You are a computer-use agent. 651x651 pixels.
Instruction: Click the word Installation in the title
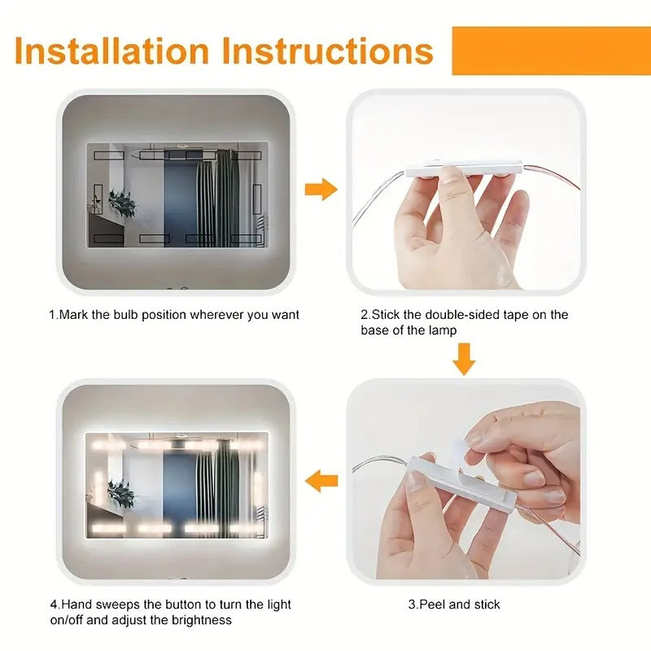point(112,50)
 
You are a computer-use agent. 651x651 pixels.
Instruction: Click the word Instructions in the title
point(328,50)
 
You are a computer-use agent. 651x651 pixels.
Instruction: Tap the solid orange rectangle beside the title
point(551,50)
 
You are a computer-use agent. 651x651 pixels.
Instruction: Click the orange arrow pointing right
point(321,190)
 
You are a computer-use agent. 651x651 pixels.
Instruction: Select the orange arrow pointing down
point(464,358)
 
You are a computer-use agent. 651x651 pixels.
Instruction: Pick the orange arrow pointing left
point(321,481)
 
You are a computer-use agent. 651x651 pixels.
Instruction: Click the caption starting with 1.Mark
point(173,314)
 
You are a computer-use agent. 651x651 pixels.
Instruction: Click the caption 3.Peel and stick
point(454,604)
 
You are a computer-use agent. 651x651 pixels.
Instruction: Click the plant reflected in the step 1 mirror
point(122,202)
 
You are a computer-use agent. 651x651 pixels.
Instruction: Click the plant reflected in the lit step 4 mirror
point(122,492)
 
